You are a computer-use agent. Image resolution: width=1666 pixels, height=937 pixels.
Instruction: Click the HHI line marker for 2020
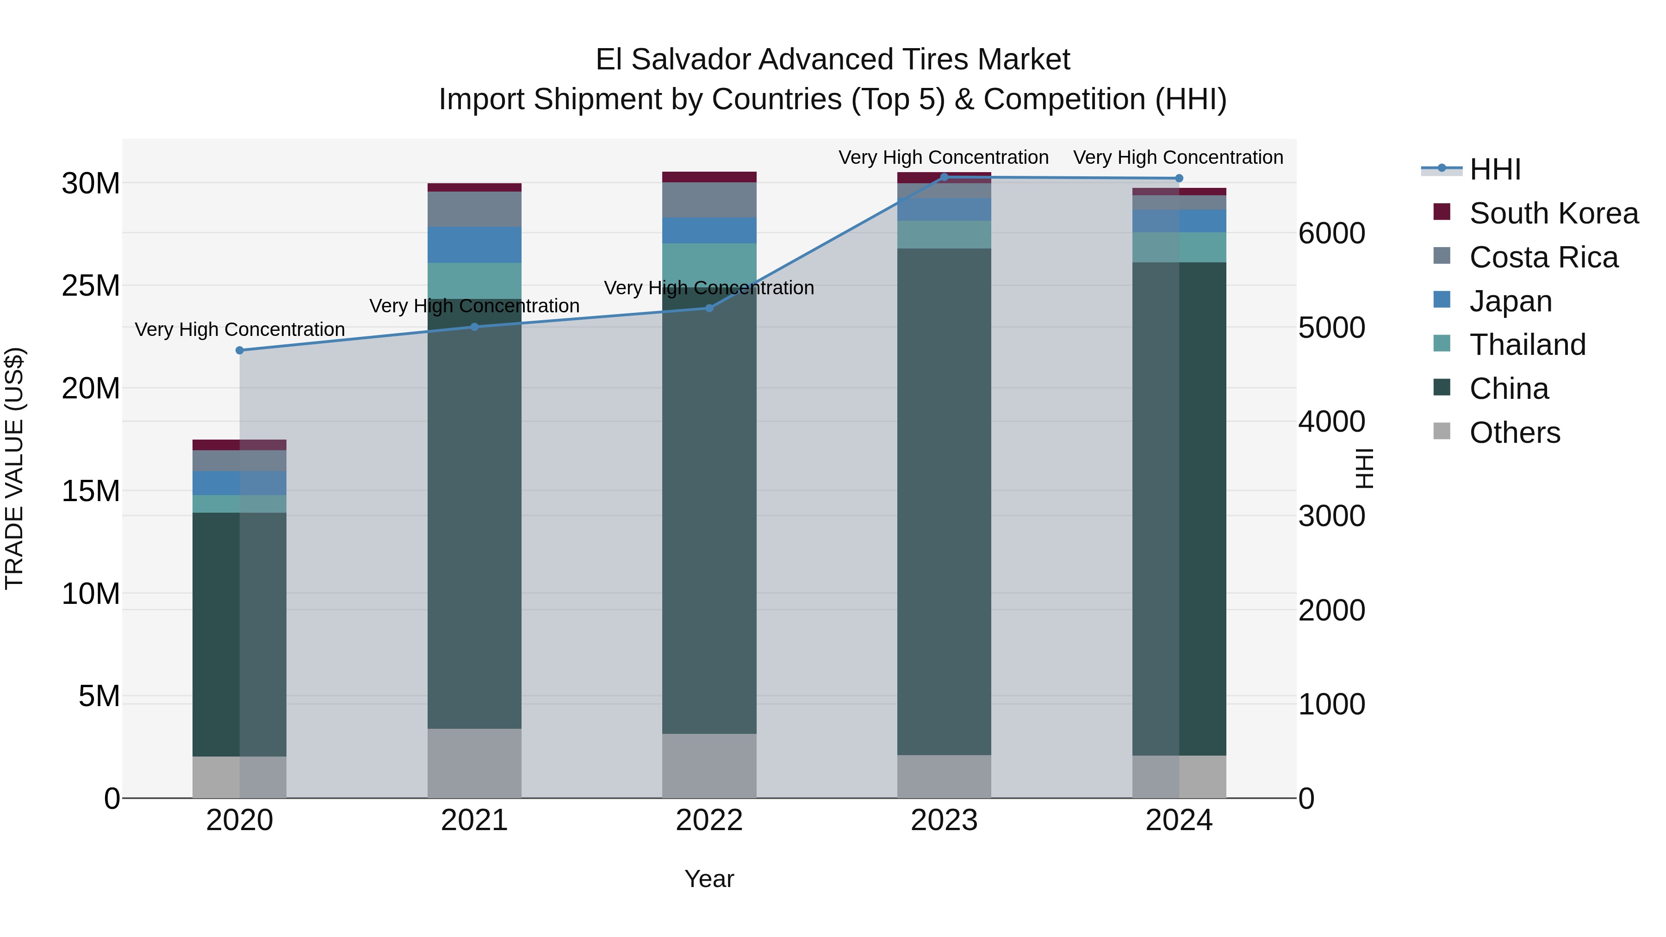point(239,350)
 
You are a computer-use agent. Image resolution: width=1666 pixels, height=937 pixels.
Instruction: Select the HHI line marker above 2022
point(709,309)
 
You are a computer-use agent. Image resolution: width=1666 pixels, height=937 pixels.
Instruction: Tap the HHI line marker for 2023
point(944,177)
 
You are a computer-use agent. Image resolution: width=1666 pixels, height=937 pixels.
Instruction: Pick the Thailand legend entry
point(1527,345)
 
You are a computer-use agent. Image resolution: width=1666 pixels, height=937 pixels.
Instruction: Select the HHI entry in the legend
point(1495,169)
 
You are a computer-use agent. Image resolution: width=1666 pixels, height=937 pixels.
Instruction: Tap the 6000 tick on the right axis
point(1331,234)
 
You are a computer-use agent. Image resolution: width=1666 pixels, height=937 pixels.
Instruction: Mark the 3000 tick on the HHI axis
point(1331,516)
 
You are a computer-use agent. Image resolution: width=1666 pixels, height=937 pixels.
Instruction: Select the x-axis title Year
point(709,879)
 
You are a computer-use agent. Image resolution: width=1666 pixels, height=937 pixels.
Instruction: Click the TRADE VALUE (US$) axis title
point(14,468)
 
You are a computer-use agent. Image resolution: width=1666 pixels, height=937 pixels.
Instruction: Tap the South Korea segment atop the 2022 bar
point(709,177)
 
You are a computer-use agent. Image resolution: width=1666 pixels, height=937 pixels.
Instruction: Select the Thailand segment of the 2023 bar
point(944,235)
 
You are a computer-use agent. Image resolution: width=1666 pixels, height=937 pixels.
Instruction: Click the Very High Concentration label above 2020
point(239,330)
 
